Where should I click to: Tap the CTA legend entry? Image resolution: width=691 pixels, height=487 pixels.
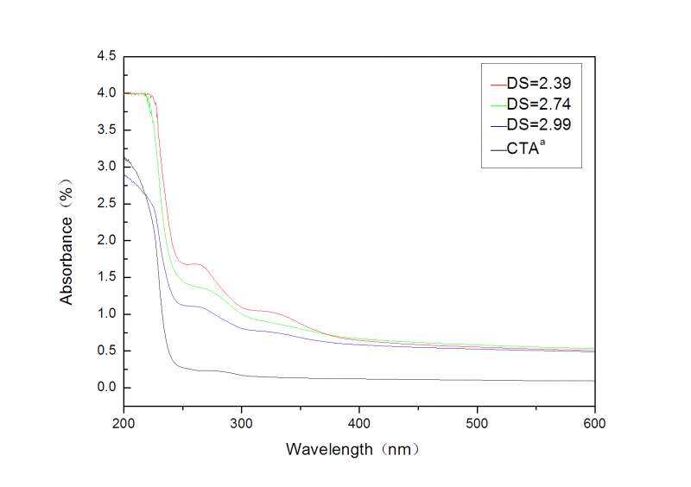[x=527, y=148]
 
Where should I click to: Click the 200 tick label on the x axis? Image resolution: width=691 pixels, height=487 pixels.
[x=124, y=423]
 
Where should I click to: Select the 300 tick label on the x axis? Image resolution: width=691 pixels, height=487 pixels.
[x=242, y=423]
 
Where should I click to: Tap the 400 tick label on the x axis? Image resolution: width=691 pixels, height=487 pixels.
[x=359, y=423]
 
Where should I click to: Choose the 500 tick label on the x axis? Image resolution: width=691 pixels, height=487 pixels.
[x=477, y=423]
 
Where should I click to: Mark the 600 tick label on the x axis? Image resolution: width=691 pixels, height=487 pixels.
[x=594, y=423]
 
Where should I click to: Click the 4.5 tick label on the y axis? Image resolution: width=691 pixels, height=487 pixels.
[x=106, y=56]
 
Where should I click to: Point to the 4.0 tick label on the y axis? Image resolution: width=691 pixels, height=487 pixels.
[x=106, y=93]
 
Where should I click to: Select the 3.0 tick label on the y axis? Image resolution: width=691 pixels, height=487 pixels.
[x=106, y=167]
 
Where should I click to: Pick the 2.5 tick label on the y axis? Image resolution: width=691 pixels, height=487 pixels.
[x=106, y=204]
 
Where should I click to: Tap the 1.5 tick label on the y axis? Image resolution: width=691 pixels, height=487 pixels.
[x=106, y=277]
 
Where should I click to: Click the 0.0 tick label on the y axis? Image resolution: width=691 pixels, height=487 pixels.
[x=106, y=388]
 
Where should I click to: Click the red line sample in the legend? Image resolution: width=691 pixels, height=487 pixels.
[x=497, y=85]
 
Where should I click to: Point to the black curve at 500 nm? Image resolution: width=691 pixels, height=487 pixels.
[x=477, y=380]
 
